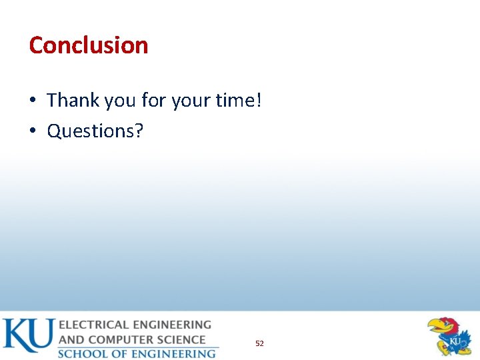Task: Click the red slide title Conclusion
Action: click(89, 45)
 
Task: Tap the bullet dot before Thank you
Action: click(33, 101)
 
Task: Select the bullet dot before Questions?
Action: click(33, 131)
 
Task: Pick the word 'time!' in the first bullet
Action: click(239, 101)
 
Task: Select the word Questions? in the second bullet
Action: click(95, 131)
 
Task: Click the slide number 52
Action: click(259, 343)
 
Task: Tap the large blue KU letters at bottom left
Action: click(28, 335)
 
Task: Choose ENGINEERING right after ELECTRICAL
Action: click(173, 325)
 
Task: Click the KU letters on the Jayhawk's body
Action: click(455, 342)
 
